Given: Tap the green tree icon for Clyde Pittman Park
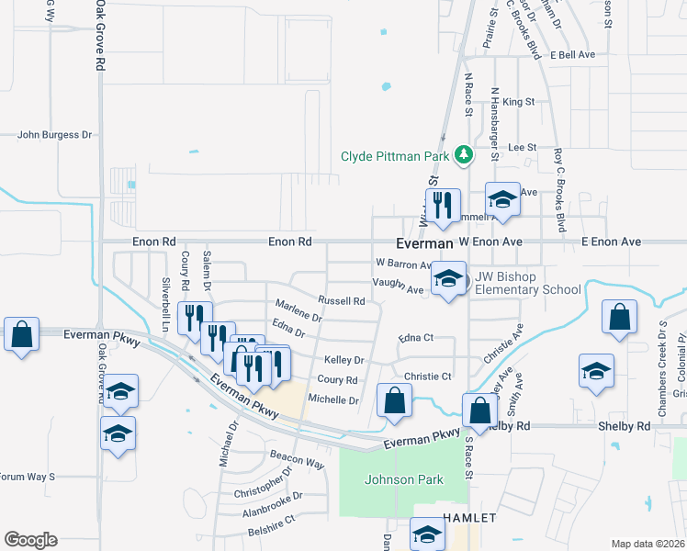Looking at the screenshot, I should (465, 154).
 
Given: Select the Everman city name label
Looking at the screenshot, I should (424, 243).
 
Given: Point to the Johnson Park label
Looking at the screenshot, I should (404, 479).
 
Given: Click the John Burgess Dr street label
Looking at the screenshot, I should (55, 135).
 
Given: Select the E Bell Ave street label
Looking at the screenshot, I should (573, 55).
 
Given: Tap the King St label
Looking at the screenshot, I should (519, 101).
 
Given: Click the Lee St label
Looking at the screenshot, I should (522, 147).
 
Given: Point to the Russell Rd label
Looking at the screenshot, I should (342, 300).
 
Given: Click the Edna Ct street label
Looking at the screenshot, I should (416, 338).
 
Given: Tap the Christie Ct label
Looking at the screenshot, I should (428, 377).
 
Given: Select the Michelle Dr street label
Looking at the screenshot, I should (332, 399).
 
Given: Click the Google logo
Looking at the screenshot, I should (30, 540).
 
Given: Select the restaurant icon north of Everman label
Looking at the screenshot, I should (443, 204).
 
